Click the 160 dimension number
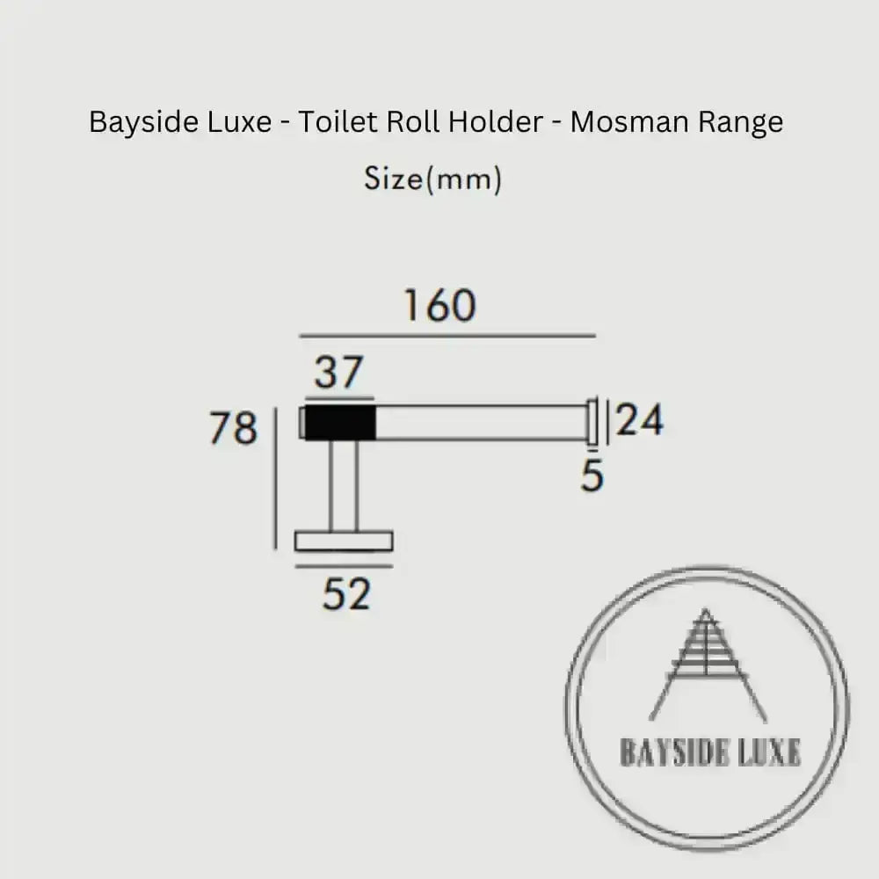click(439, 306)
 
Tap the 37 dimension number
click(338, 373)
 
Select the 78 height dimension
click(233, 429)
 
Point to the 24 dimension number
click(640, 421)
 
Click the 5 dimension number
click(592, 476)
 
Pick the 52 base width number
click(346, 595)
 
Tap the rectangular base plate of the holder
click(344, 541)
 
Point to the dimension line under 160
click(447, 336)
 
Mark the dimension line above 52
click(344, 566)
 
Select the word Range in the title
click(740, 122)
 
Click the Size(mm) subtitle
click(433, 179)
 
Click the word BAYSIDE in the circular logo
click(672, 752)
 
